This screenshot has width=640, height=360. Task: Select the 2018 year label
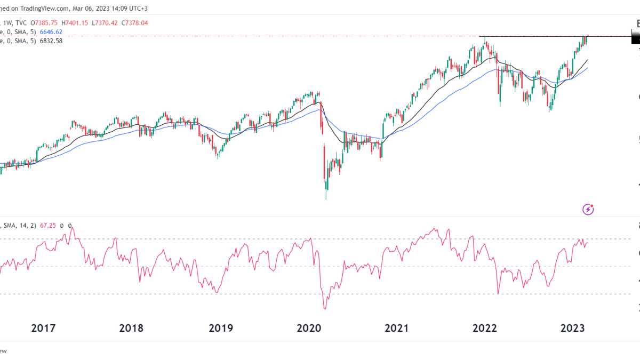(x=131, y=327)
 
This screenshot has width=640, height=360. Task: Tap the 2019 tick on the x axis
(x=221, y=327)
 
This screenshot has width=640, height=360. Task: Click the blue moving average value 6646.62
(x=51, y=32)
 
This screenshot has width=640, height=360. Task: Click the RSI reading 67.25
(x=48, y=226)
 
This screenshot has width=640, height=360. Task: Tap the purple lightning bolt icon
(x=588, y=209)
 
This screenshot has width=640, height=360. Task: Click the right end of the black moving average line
(x=588, y=60)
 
